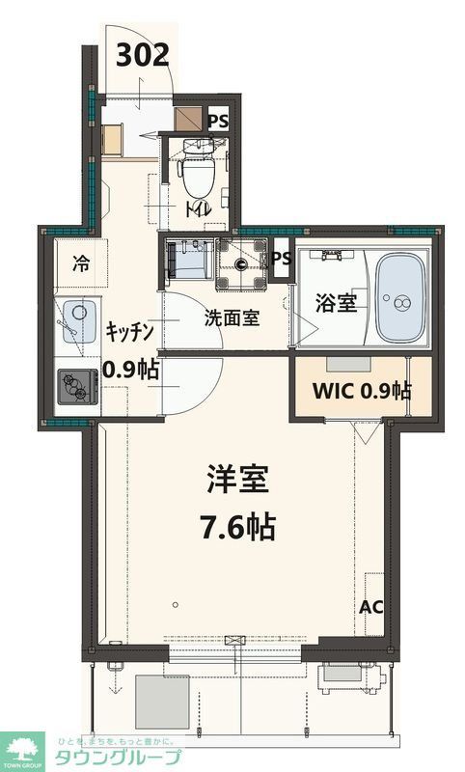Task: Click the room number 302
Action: (x=144, y=55)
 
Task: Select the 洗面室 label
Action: (x=232, y=317)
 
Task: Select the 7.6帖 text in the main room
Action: (x=238, y=527)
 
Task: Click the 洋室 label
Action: (x=238, y=479)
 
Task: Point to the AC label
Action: (x=371, y=608)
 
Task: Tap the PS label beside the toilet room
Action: (x=219, y=121)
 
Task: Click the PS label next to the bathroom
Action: (x=281, y=258)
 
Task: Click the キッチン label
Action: (x=130, y=332)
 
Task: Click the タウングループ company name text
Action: (x=116, y=756)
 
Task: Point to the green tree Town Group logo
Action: (x=23, y=750)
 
